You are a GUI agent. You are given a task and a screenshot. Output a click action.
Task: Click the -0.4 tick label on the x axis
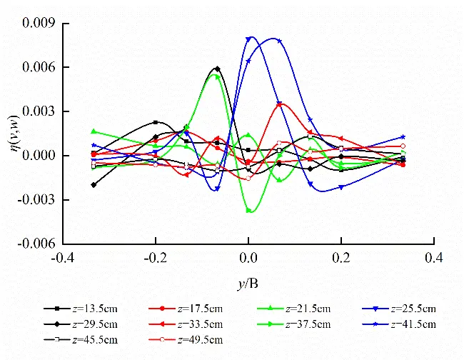point(62,256)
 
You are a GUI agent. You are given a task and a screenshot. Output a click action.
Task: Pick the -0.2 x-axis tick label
point(155,256)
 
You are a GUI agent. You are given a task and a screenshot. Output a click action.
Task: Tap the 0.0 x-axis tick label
point(248,256)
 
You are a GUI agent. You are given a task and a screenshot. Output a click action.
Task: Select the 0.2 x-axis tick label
point(341,256)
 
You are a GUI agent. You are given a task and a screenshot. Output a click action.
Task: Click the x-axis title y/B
point(248,284)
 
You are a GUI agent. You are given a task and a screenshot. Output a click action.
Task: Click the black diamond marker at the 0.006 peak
point(217,69)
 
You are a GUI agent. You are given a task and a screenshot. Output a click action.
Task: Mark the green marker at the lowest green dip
point(249,211)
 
